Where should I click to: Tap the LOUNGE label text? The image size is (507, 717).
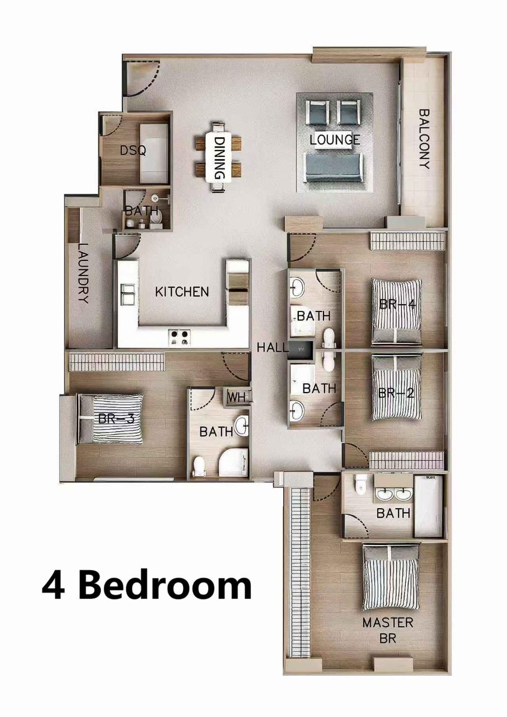[335, 139]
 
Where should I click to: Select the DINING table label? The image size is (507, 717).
[219, 159]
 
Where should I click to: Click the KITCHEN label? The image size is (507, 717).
[182, 292]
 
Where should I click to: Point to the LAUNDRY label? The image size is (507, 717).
[83, 273]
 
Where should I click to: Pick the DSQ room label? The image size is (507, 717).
[133, 150]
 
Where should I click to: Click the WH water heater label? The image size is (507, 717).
[236, 397]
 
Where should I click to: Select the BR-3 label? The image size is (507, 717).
[116, 418]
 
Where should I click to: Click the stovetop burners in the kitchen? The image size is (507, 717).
[180, 337]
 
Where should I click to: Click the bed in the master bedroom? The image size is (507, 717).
[391, 577]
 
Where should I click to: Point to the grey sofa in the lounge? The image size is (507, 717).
[333, 166]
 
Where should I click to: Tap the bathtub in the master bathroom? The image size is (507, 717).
[428, 505]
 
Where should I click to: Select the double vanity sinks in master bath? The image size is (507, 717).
[394, 494]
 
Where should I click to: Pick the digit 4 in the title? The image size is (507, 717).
[53, 585]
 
